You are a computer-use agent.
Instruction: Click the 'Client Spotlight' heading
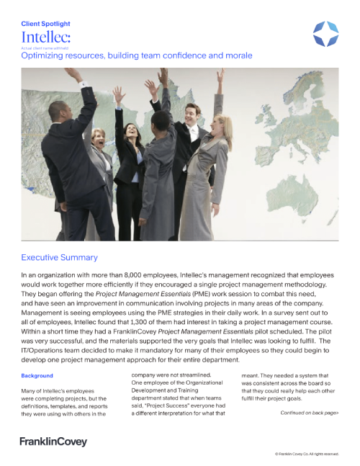46,24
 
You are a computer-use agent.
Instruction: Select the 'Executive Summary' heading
59,257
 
